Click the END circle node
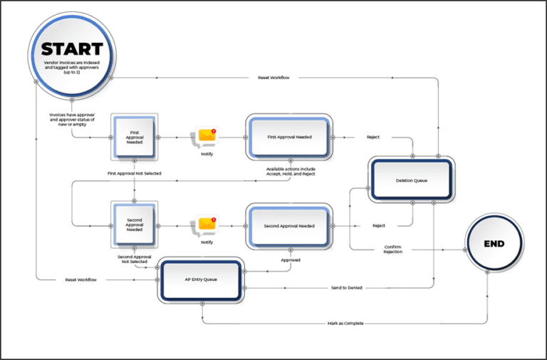pos(494,244)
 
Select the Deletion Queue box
pos(410,180)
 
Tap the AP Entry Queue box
pos(202,279)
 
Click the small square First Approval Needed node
pos(135,136)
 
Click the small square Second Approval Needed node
pos(135,225)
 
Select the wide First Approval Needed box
pos(288,136)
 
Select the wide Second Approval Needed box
pos(288,226)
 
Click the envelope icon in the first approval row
pos(207,135)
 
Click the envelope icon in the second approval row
pos(207,225)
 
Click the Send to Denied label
pos(347,287)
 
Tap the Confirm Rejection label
pos(392,249)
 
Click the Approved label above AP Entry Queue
pos(290,260)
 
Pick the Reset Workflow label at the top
pos(273,77)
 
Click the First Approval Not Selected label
pos(135,173)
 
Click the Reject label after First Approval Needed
pos(373,136)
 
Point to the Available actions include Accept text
pos(289,171)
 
